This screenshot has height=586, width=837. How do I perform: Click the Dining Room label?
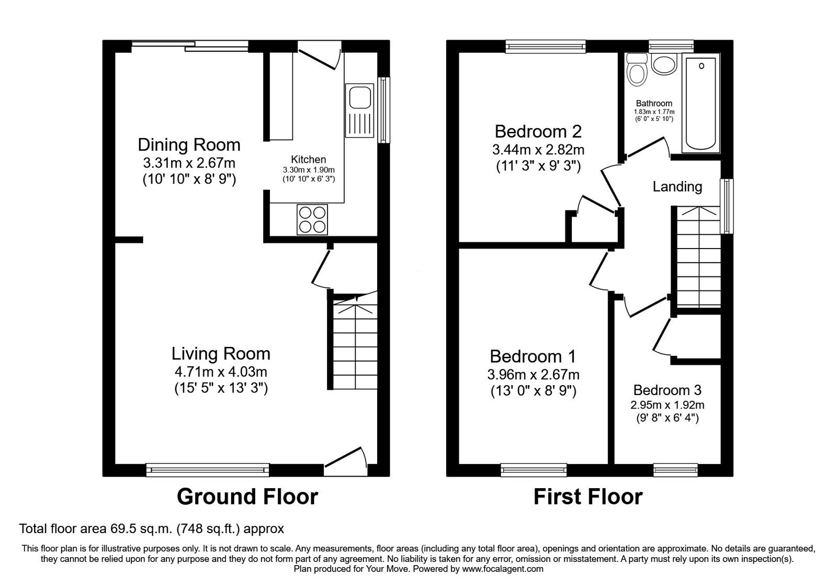[x=189, y=144]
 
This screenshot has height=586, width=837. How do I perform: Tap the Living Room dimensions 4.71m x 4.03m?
[x=221, y=373]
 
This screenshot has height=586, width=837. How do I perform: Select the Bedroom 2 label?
[x=538, y=131]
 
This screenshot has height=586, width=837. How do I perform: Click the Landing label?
[x=677, y=186]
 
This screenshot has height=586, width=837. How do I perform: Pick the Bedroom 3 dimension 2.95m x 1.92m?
[x=667, y=405]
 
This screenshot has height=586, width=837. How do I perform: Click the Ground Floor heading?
[x=247, y=496]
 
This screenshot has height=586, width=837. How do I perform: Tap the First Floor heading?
[x=587, y=496]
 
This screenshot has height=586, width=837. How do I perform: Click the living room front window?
[x=207, y=470]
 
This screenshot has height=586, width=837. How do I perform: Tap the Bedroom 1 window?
[x=533, y=470]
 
